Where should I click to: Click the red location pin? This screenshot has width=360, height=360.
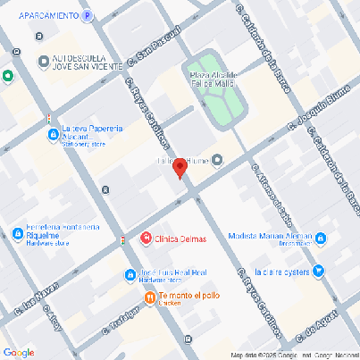pos(179,167)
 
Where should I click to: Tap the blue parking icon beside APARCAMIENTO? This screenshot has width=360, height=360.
pos(87,16)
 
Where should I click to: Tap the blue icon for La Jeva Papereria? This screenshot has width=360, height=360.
pos(53,134)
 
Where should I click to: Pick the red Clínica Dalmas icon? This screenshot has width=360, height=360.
pos(146,239)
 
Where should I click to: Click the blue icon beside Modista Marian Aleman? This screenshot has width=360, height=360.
pos(320,239)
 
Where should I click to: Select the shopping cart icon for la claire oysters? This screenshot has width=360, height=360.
pos(320,271)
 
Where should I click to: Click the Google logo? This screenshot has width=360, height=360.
pos(19,352)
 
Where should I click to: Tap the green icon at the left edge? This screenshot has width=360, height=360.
pos(7,77)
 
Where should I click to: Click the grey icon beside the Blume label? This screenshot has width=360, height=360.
pos(217,160)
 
